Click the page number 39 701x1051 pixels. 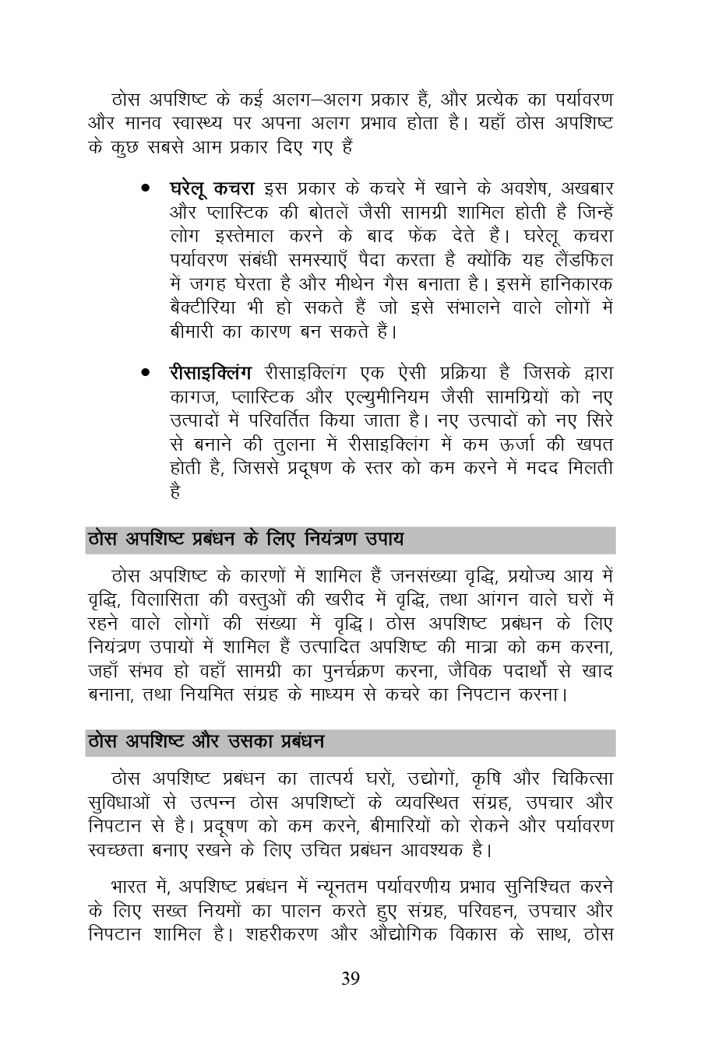pyautogui.click(x=350, y=979)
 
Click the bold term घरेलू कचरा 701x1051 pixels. pyautogui.click(x=212, y=189)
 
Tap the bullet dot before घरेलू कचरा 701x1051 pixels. pyautogui.click(x=146, y=189)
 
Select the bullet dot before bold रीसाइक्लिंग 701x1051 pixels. pyautogui.click(x=146, y=372)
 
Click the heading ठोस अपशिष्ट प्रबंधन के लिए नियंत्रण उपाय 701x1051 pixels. pyautogui.click(x=245, y=539)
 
